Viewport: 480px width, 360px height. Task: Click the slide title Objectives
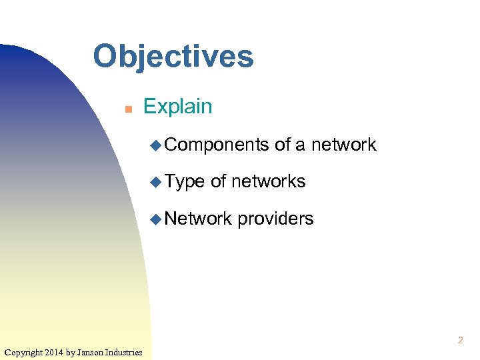click(173, 56)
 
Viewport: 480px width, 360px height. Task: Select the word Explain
click(177, 107)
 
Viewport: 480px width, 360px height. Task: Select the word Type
click(185, 182)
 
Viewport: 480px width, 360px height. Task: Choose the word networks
click(269, 181)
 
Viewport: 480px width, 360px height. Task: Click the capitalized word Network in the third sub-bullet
click(198, 219)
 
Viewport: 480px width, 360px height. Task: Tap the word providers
click(275, 219)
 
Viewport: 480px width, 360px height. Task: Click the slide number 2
click(460, 341)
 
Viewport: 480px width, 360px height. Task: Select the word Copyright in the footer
click(23, 352)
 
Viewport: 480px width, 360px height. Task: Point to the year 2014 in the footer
click(55, 352)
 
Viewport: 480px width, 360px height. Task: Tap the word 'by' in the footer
click(72, 352)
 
